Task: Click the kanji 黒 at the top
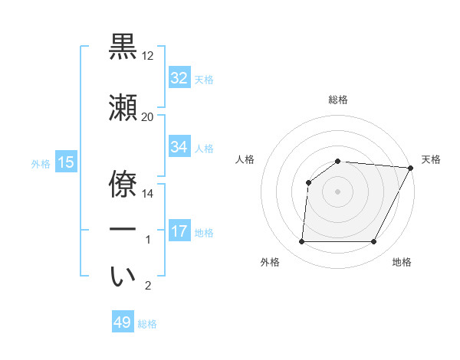coord(123,47)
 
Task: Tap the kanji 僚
coord(123,178)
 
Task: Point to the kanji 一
coord(123,230)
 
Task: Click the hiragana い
coord(123,277)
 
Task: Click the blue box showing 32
coord(179,77)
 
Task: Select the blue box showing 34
coord(179,147)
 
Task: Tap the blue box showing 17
coord(179,231)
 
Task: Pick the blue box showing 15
coord(65,162)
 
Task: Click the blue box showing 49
coord(123,322)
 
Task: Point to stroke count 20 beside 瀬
coord(147,116)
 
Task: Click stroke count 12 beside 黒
coord(147,55)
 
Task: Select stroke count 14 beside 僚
coord(147,193)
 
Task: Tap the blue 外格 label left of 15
coord(41,163)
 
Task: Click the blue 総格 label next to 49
coord(147,324)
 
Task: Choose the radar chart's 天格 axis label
coord(431,159)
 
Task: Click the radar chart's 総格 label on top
coord(337,100)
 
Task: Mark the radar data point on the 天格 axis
coord(411,168)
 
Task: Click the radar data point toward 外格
coord(301,242)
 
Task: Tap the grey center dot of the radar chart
coord(337,191)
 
